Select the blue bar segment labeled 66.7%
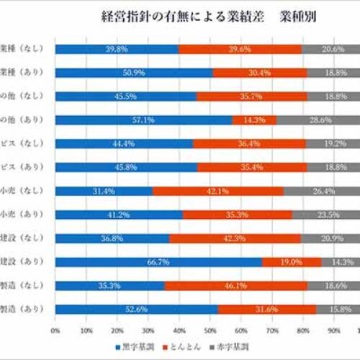158,262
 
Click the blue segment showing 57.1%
143,120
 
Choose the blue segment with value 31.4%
103,191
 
